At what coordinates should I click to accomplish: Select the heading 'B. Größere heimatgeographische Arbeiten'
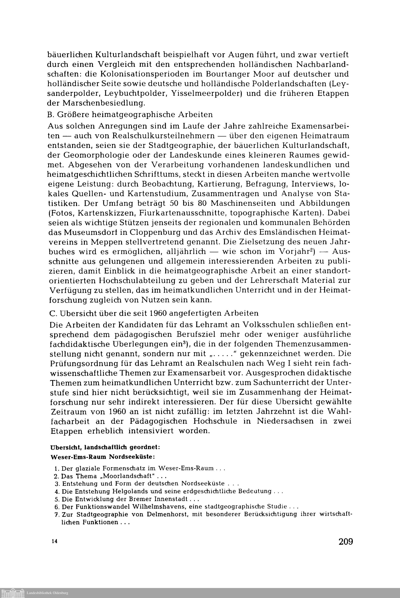tap(130, 115)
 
